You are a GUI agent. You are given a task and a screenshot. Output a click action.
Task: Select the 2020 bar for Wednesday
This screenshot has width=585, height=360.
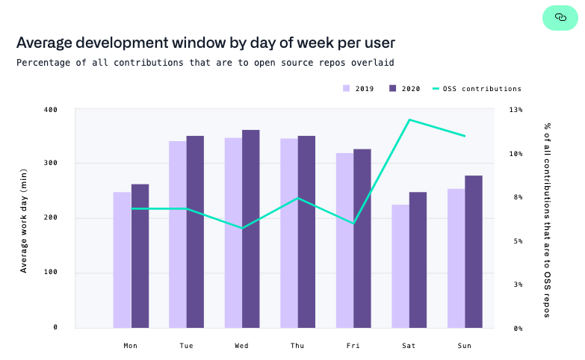251,229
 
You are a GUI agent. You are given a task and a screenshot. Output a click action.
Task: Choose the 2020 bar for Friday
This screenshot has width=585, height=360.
362,238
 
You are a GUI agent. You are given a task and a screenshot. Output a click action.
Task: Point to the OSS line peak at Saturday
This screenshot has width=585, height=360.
409,120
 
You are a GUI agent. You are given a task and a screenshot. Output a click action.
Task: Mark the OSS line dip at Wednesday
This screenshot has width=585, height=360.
242,228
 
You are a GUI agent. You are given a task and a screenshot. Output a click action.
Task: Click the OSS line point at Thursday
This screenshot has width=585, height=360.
298,198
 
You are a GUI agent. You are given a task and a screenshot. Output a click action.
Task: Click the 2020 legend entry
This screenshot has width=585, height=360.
405,89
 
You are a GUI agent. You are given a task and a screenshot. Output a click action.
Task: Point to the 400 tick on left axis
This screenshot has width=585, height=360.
50,110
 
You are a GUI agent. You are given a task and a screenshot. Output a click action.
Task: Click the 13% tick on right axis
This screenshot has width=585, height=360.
516,110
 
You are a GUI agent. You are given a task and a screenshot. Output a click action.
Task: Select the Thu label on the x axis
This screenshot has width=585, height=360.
297,346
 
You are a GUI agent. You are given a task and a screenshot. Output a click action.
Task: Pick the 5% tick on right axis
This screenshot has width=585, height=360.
516,241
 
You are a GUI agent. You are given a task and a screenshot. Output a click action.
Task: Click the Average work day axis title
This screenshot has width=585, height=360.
23,219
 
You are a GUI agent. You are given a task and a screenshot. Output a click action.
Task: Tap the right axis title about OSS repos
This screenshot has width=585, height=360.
548,220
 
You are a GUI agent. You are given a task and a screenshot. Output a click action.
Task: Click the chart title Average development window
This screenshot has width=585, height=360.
205,43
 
